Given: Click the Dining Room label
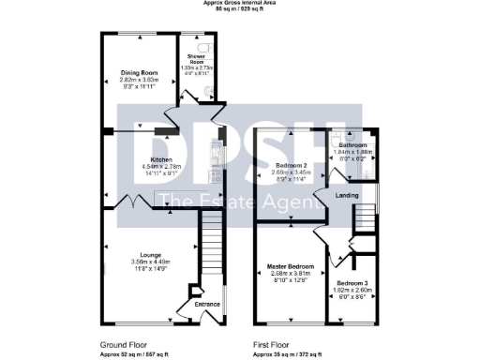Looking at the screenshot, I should point(137,72).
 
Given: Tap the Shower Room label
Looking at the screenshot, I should point(196,58).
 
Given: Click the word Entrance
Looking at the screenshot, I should point(206,304).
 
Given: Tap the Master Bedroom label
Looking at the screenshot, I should point(288,266).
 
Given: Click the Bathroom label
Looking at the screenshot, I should point(352,145).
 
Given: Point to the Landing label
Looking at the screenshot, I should point(350,195).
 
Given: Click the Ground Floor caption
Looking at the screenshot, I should point(122,345).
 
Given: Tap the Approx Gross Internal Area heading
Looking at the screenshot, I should point(239,4).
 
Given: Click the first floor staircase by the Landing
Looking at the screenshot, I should point(360,221).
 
